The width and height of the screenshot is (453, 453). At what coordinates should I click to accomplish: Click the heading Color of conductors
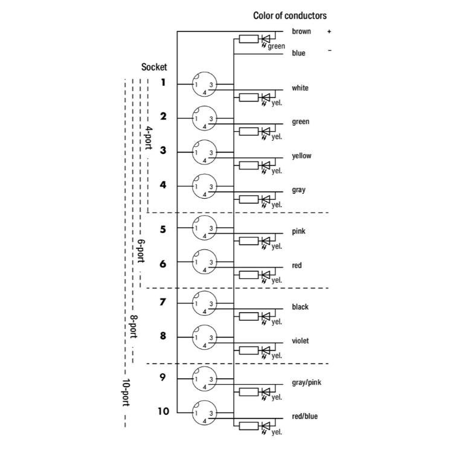click(x=290, y=16)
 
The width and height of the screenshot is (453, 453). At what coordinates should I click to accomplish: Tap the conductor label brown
click(x=301, y=31)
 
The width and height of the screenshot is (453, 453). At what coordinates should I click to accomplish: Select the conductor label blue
click(x=298, y=53)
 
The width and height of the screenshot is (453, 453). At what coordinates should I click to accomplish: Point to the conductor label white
click(x=300, y=88)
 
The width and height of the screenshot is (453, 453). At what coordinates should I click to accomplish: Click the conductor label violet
click(x=300, y=341)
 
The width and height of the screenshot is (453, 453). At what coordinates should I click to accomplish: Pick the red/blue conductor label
click(x=304, y=416)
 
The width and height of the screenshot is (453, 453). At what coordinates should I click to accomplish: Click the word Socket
click(x=154, y=67)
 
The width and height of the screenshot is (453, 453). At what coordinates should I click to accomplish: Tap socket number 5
click(x=163, y=230)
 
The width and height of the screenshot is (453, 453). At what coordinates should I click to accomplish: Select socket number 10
click(x=163, y=411)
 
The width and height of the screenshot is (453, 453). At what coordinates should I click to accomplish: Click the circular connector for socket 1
click(x=204, y=85)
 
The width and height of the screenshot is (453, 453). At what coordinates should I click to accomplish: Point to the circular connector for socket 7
click(x=204, y=304)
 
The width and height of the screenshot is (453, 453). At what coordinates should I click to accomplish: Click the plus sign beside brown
click(x=329, y=31)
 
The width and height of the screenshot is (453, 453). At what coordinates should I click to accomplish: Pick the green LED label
click(x=277, y=46)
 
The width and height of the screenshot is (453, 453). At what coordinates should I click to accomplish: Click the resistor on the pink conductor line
click(x=248, y=241)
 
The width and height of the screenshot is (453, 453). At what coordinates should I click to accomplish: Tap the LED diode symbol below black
click(x=266, y=316)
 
